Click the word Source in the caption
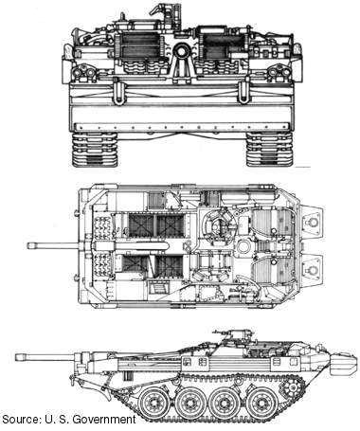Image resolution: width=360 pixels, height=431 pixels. [22, 419]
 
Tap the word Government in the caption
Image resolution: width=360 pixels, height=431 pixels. [103, 419]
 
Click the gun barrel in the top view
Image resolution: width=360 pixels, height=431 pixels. [62, 247]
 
